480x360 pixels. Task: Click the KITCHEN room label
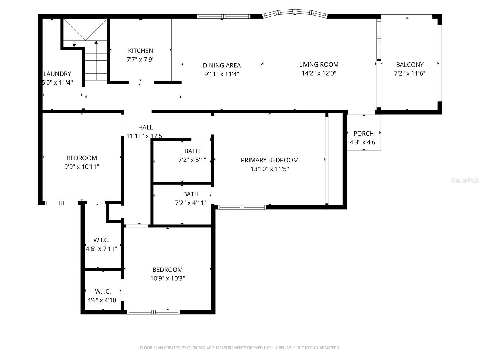coord(140,51)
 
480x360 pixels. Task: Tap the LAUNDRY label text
coord(57,74)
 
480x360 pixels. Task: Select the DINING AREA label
coord(222,65)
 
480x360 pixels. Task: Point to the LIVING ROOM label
coord(319,64)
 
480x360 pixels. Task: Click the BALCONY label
coord(409,65)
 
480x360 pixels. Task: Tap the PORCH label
coord(364,133)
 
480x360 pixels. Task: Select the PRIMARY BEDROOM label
coord(270,160)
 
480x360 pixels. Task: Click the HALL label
coord(145,127)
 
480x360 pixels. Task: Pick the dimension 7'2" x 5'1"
coord(192,160)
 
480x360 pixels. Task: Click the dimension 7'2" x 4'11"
coord(191,203)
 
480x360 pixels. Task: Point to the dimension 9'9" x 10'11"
coord(82,167)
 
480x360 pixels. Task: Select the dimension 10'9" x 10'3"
coord(167,279)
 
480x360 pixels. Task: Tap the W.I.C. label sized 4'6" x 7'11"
coord(101,240)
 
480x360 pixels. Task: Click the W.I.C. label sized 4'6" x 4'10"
coord(103,292)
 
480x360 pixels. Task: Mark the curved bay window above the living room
coord(295,13)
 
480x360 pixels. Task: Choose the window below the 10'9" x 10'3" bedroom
coord(153,312)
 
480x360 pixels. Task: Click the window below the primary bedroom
coord(242,207)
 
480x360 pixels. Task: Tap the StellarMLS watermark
coord(465,180)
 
